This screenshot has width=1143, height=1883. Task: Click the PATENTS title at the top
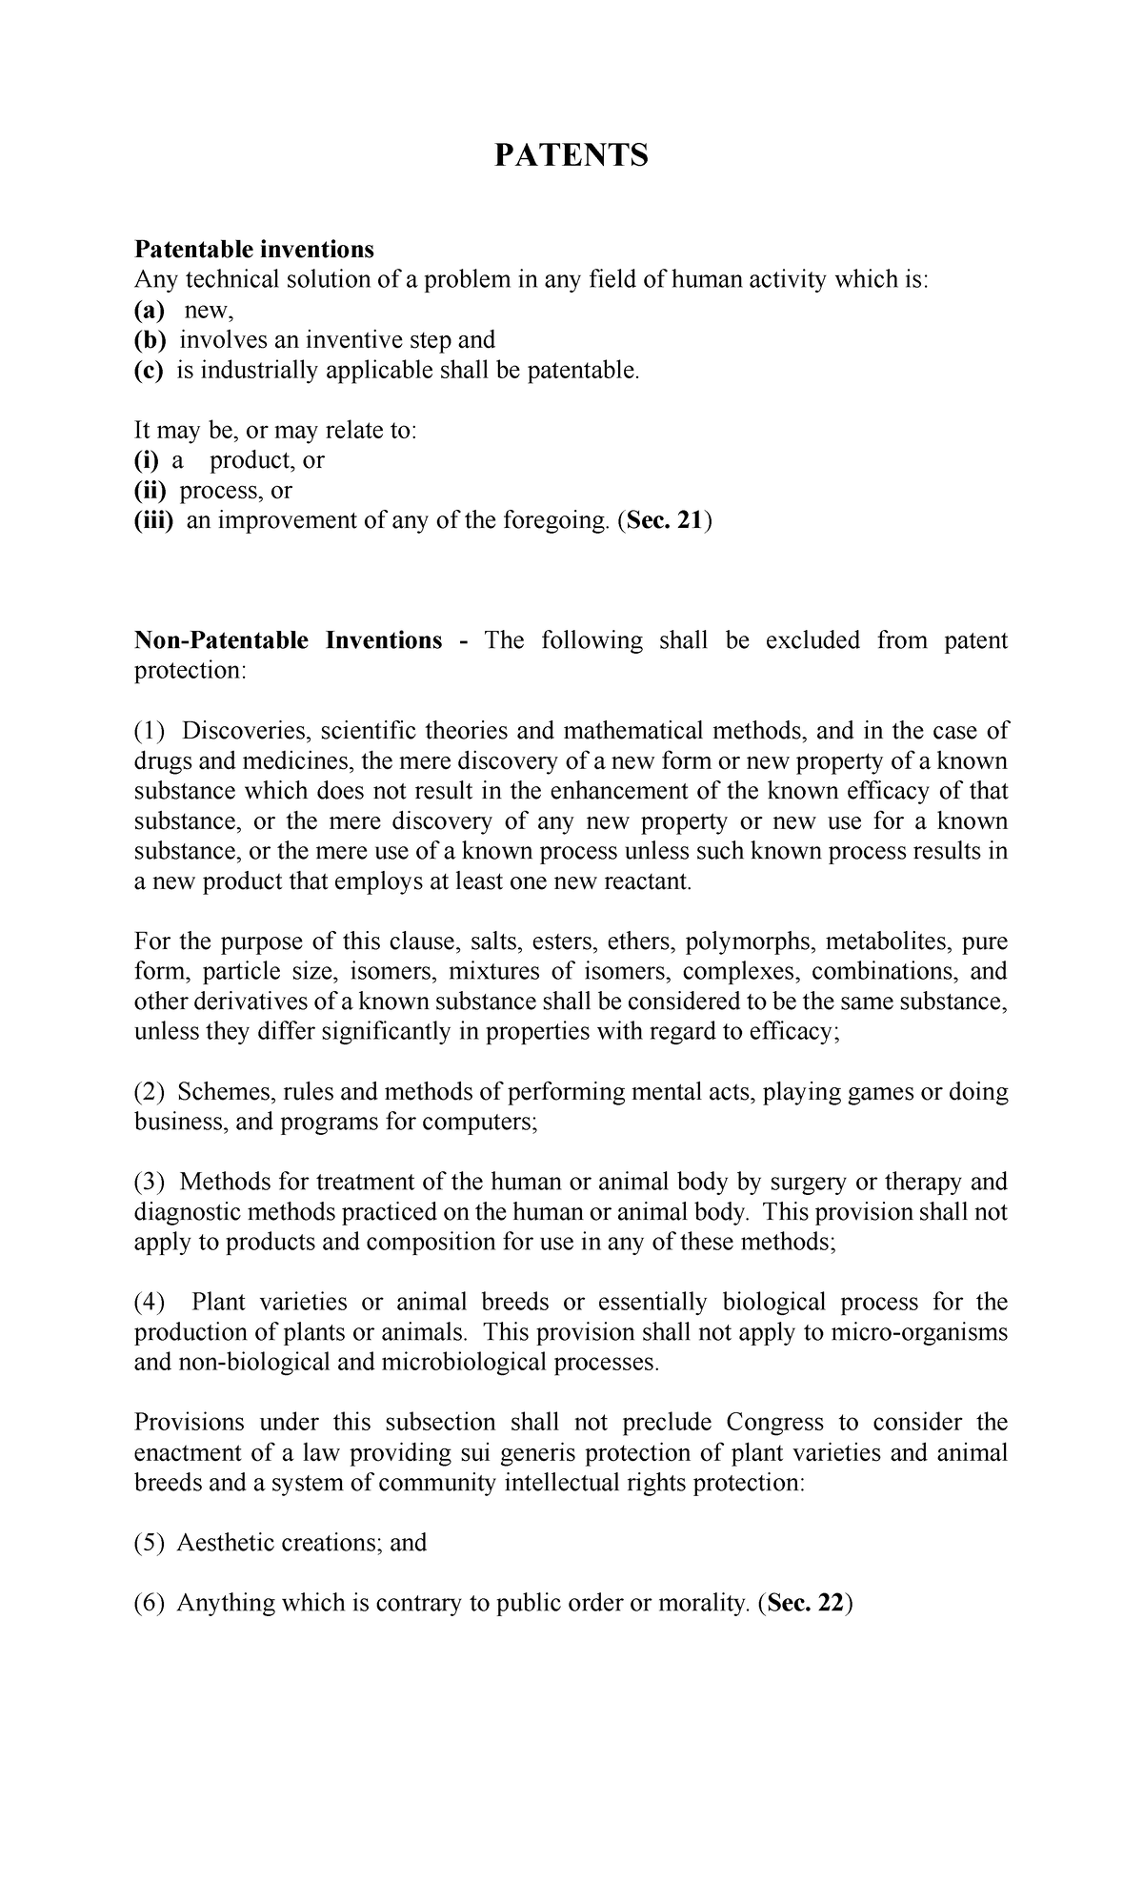[x=571, y=154]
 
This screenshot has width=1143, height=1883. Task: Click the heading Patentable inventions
[x=254, y=250]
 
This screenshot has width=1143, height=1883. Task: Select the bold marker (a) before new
[x=149, y=310]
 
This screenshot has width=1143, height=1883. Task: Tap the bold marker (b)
[x=150, y=340]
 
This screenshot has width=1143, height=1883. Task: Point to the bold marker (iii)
[x=153, y=520]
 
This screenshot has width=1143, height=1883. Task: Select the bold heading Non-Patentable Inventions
[x=289, y=640]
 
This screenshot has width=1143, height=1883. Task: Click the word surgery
[x=806, y=1182]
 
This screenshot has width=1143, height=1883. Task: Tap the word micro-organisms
[x=918, y=1332]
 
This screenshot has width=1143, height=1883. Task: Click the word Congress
[x=774, y=1423]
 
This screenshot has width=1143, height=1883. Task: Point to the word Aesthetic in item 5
[x=225, y=1543]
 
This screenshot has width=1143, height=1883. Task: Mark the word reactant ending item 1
[x=645, y=881]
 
